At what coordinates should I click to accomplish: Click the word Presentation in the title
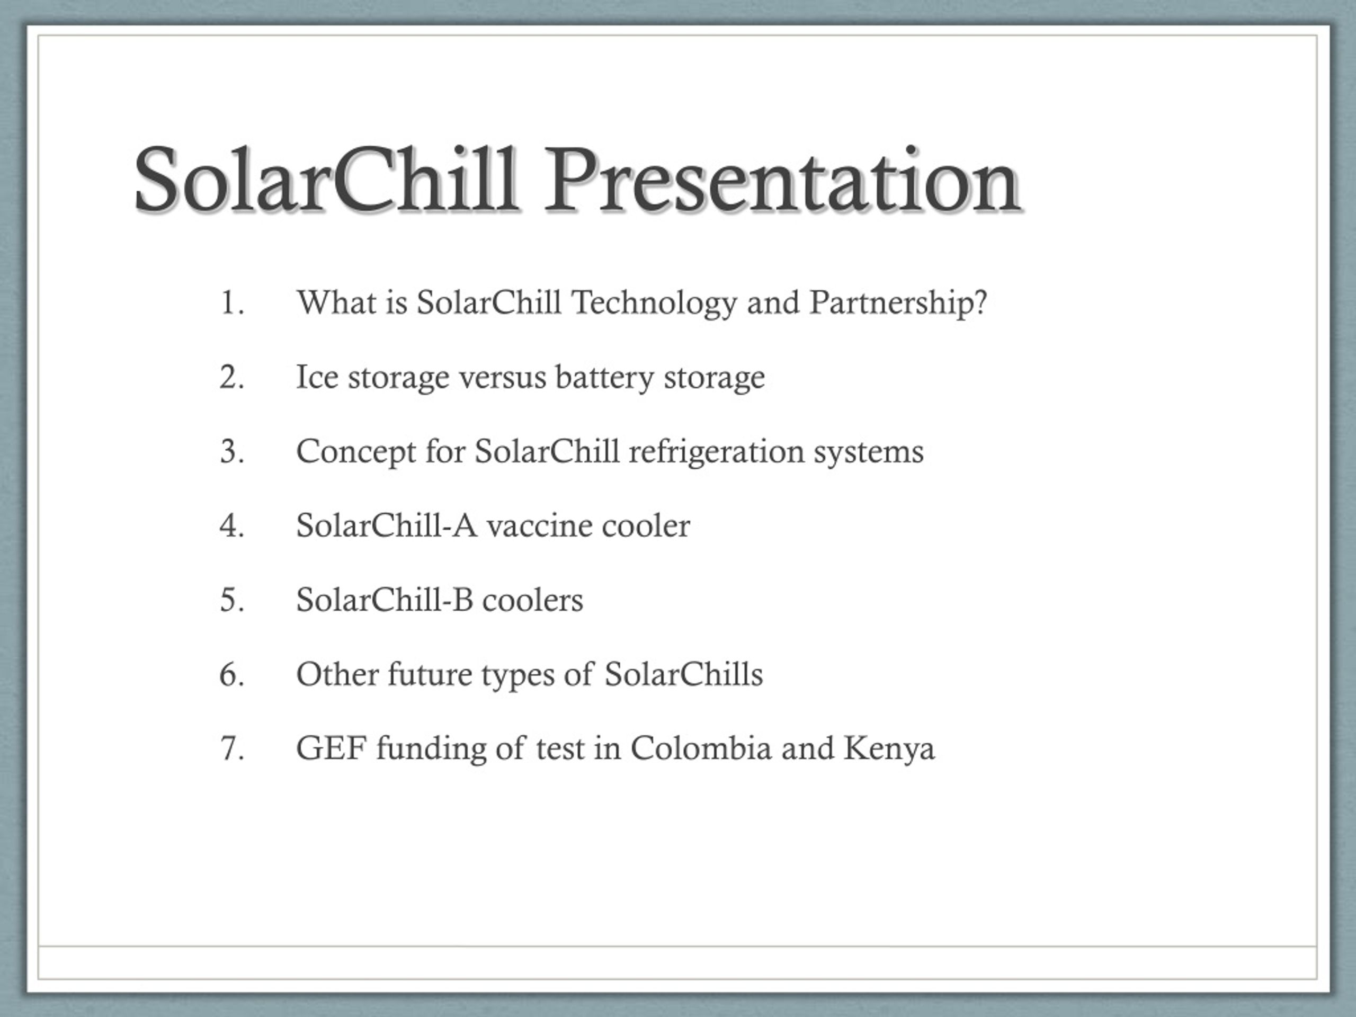point(782,180)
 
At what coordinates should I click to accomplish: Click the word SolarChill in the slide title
point(326,180)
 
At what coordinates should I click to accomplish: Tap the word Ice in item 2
point(317,377)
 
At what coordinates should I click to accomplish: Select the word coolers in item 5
point(533,600)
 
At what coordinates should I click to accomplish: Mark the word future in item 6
point(430,674)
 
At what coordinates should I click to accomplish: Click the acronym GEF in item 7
point(332,748)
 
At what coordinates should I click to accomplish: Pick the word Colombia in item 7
point(701,748)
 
